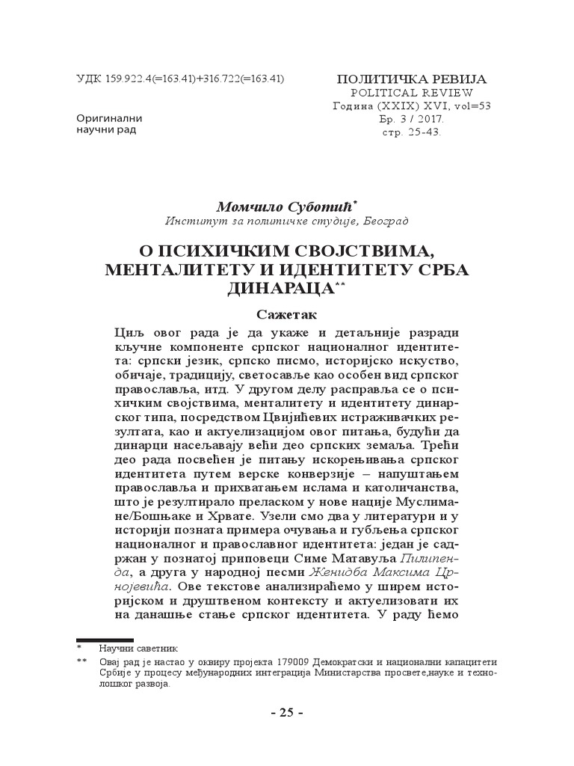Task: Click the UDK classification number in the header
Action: [x=179, y=79]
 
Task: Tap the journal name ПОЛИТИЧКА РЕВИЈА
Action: [x=412, y=79]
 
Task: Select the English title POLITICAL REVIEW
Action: [x=412, y=93]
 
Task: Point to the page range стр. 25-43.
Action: [x=412, y=132]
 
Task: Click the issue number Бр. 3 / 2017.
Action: [x=412, y=119]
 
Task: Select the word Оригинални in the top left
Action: [x=109, y=118]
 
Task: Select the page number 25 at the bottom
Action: [x=286, y=712]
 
